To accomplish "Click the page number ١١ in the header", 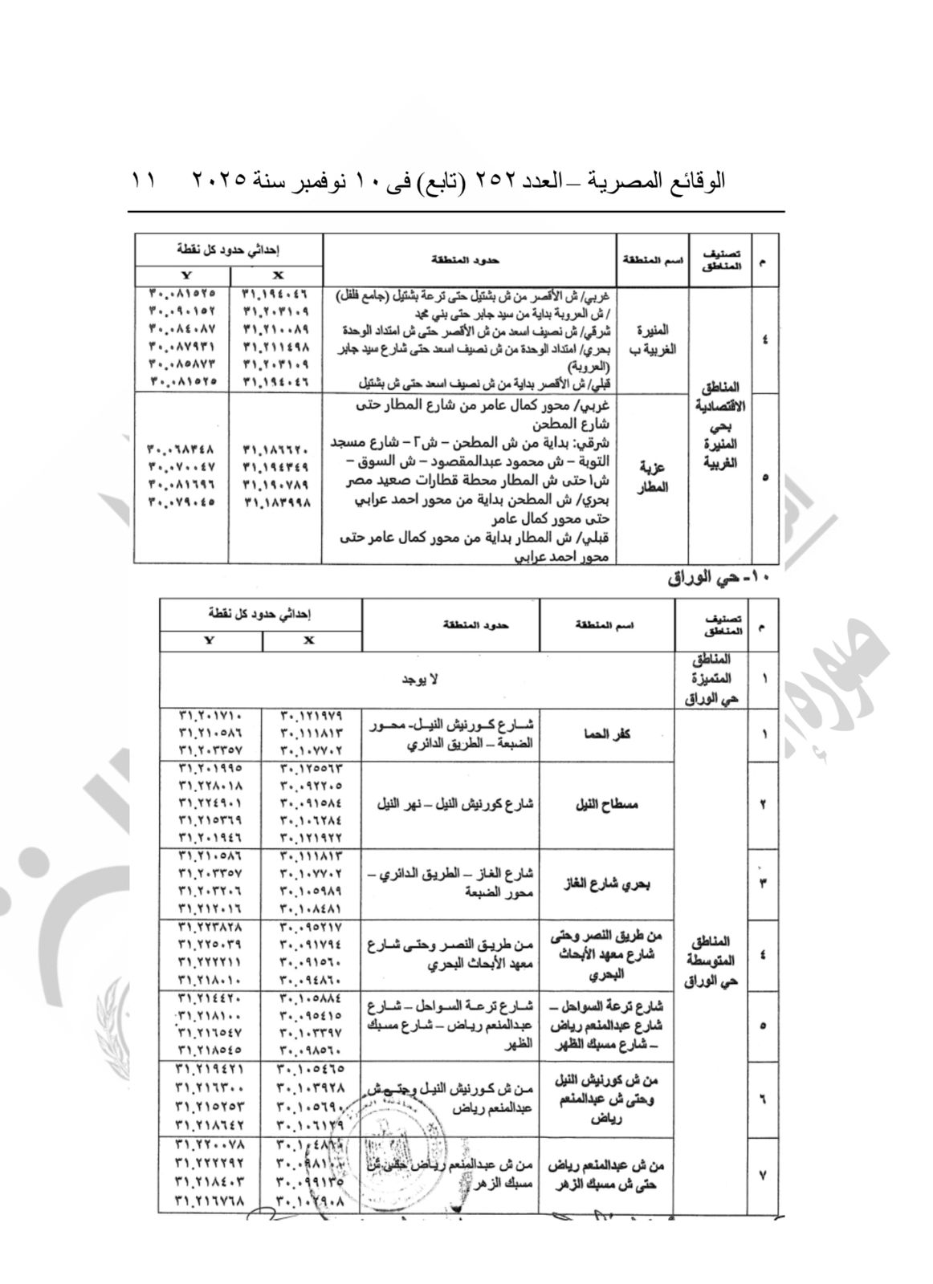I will click(145, 181).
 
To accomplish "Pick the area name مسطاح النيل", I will click(609, 804).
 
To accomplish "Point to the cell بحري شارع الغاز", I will click(609, 884).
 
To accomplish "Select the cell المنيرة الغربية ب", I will click(652, 340).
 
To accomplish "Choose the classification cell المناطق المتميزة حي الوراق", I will click(711, 679).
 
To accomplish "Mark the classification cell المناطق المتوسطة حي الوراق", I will click(711, 960).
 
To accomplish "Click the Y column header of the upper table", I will click(182, 274).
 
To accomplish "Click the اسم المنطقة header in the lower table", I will click(609, 625).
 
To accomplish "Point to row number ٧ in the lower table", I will click(763, 1175).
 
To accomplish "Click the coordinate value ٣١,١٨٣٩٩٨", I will click(275, 502).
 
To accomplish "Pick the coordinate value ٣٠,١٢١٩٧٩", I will click(312, 716).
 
